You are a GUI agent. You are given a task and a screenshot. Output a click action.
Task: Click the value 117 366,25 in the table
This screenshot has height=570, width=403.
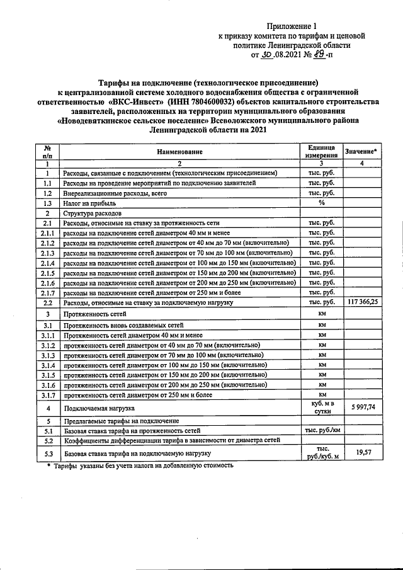[362, 302]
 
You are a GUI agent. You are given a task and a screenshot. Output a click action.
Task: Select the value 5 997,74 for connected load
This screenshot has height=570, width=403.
[362, 408]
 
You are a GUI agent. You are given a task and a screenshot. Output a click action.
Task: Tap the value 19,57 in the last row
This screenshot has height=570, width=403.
[362, 452]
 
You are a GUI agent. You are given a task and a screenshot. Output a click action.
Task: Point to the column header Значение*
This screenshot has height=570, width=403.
[362, 151]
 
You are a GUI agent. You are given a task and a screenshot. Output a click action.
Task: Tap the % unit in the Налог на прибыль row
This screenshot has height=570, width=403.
[321, 203]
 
